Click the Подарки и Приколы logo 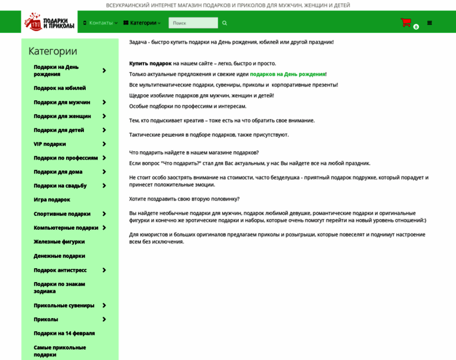pyautogui.click(x=49, y=22)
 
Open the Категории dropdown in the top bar pyautogui.click(x=143, y=23)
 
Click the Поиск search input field pyautogui.click(x=193, y=23)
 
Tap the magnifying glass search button pyautogui.click(x=225, y=23)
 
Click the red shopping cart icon pyautogui.click(x=406, y=23)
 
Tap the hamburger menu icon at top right pyautogui.click(x=430, y=23)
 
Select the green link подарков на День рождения pyautogui.click(x=287, y=74)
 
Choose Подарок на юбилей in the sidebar pyautogui.click(x=60, y=88)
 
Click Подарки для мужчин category pyautogui.click(x=62, y=103)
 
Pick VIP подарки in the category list pyautogui.click(x=50, y=144)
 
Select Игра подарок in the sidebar pyautogui.click(x=52, y=200)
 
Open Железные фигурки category pyautogui.click(x=59, y=242)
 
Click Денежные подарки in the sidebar pyautogui.click(x=59, y=256)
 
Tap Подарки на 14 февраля pyautogui.click(x=64, y=333)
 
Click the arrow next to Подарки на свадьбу pyautogui.click(x=104, y=186)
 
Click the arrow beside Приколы pyautogui.click(x=104, y=319)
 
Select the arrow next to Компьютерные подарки pyautogui.click(x=104, y=228)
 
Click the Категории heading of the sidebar pyautogui.click(x=53, y=51)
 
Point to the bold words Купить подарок pyautogui.click(x=151, y=64)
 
